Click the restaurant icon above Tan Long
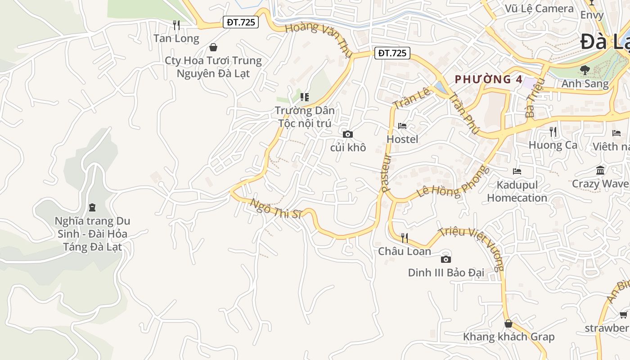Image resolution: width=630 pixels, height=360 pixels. tap(176, 25)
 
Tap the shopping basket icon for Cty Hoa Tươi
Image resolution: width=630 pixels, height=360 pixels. tap(213, 47)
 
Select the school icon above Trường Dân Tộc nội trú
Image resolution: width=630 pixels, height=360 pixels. tap(305, 97)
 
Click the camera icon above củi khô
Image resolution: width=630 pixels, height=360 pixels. tap(347, 134)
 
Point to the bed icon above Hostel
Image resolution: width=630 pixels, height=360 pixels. tap(402, 126)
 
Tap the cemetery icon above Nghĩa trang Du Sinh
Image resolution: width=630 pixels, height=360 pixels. tap(92, 207)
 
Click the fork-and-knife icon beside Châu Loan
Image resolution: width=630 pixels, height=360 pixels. tap(405, 238)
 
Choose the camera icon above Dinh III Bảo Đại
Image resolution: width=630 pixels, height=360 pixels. tap(445, 259)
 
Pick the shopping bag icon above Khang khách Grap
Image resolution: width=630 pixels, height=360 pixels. tap(508, 324)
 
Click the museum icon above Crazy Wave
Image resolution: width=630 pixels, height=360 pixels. tap(600, 171)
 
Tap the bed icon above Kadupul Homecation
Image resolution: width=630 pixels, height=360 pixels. tap(517, 171)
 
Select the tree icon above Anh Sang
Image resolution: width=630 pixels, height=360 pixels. tap(585, 70)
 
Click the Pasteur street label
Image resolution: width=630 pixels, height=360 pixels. tap(387, 173)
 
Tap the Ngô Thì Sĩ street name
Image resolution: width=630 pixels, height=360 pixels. tap(275, 209)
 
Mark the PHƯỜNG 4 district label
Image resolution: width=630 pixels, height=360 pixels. tap(488, 80)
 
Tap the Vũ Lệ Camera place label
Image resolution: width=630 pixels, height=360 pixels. tap(539, 9)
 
